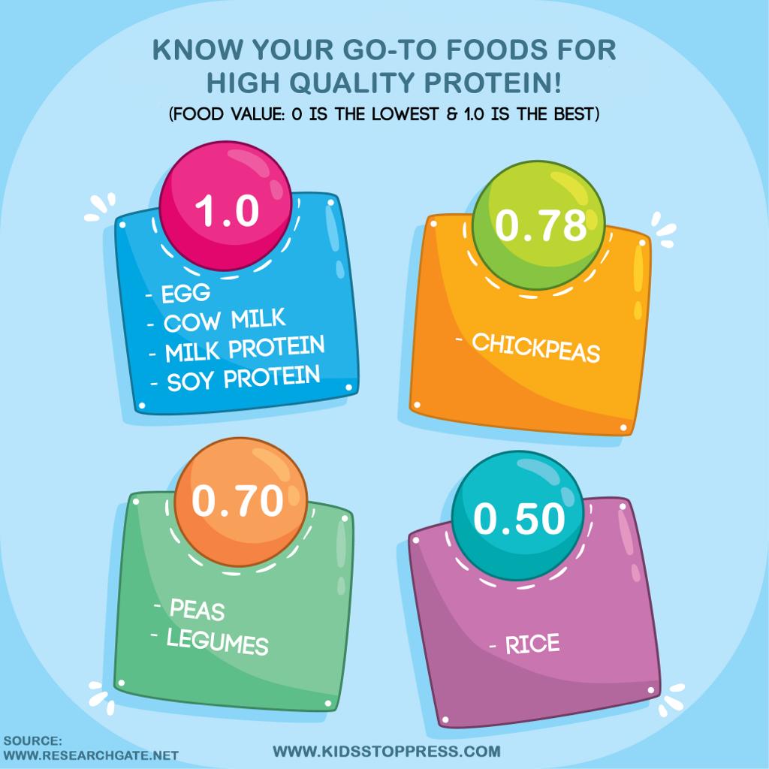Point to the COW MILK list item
point(225,321)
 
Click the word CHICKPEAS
point(536,348)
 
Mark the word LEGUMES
point(217,642)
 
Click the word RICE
point(532,644)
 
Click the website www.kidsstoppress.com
point(386,750)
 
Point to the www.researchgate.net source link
point(90,755)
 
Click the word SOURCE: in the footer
point(32,740)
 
